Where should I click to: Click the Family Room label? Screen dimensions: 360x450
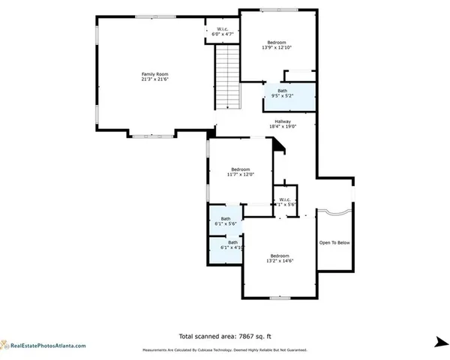pyautogui.click(x=153, y=73)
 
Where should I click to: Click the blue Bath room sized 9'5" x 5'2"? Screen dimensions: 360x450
pyautogui.click(x=288, y=94)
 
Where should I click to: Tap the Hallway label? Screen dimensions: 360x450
pyautogui.click(x=283, y=121)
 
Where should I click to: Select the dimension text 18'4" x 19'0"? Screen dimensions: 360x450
pyautogui.click(x=283, y=127)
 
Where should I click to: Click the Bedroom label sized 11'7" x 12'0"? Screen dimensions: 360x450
pyautogui.click(x=241, y=169)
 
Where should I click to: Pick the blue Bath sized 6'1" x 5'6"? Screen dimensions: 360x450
pyautogui.click(x=225, y=221)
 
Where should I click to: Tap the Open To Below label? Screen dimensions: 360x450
pyautogui.click(x=334, y=242)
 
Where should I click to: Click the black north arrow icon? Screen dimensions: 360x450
pyautogui.click(x=439, y=342)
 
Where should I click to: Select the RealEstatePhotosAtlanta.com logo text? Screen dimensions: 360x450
pyautogui.click(x=47, y=346)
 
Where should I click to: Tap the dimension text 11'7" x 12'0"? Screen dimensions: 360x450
pyautogui.click(x=241, y=175)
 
